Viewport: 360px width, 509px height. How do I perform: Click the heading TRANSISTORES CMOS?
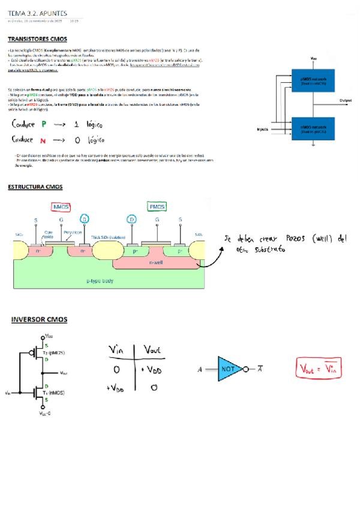pyautogui.click(x=37, y=39)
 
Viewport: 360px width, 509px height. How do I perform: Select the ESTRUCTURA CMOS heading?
pyautogui.click(x=35, y=187)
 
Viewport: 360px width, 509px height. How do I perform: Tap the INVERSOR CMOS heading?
pyautogui.click(x=39, y=319)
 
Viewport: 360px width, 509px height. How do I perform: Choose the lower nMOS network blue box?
pyautogui.click(x=313, y=129)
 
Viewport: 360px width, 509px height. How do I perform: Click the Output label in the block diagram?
pyautogui.click(x=346, y=100)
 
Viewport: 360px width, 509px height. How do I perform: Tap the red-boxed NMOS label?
pyautogui.click(x=61, y=206)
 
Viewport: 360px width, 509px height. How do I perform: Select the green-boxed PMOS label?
pyautogui.click(x=157, y=206)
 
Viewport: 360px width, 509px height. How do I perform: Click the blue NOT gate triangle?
pyautogui.click(x=229, y=368)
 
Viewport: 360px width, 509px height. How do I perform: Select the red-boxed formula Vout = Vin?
pyautogui.click(x=319, y=368)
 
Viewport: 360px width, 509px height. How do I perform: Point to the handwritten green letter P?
pyautogui.click(x=44, y=125)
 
